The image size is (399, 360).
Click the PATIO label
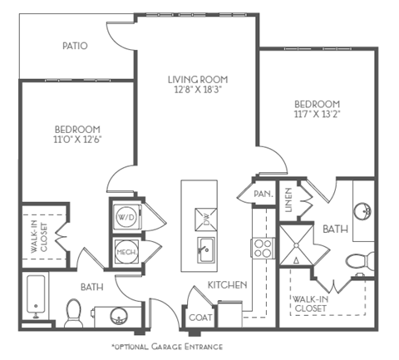[x=74, y=46]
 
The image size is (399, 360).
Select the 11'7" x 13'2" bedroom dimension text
[x=316, y=116]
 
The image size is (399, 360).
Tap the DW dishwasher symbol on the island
[x=204, y=219]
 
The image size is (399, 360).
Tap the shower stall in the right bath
[x=297, y=248]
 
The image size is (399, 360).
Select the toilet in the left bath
[x=73, y=311]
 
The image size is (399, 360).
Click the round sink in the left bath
[x=117, y=315]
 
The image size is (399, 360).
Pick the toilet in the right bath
[x=359, y=262]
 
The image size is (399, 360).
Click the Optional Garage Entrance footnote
[x=166, y=345]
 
